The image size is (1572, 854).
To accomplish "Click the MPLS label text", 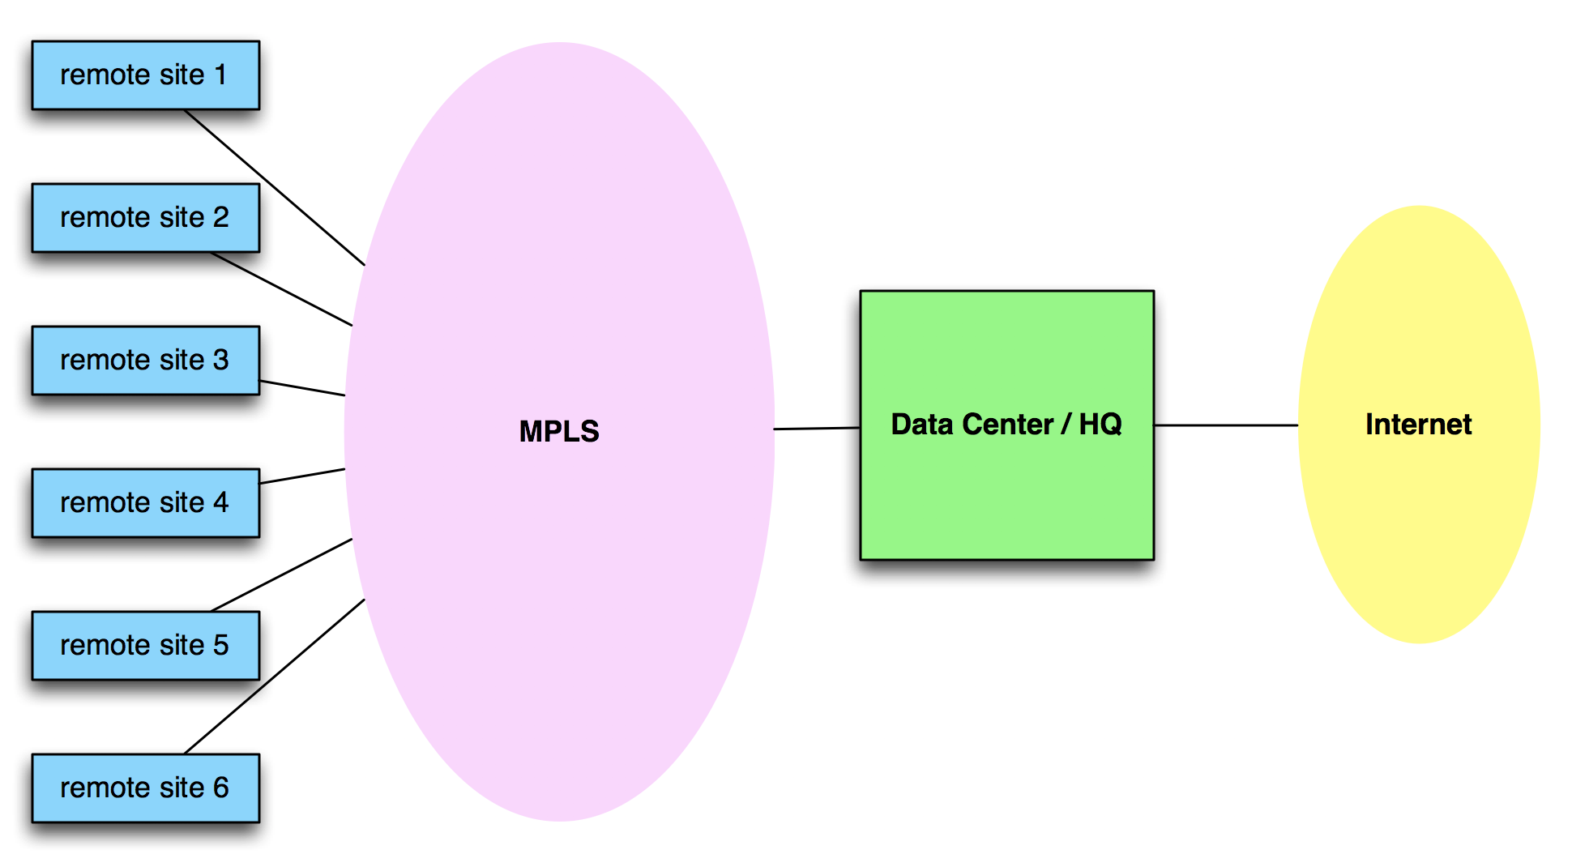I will [559, 431].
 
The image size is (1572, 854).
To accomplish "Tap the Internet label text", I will [1418, 425].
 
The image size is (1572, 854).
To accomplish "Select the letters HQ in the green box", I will [1100, 425].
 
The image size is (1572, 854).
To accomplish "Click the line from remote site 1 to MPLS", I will [276, 188].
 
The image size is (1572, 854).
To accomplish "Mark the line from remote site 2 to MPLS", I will [282, 289].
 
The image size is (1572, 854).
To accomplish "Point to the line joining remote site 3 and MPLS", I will [302, 388].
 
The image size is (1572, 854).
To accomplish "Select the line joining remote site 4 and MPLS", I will [302, 476].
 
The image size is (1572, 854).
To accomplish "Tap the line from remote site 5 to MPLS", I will [282, 574].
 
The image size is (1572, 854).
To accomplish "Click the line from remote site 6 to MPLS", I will [276, 676].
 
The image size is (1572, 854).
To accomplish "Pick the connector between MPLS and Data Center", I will [817, 428].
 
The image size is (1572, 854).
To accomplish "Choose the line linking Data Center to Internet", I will [1226, 425].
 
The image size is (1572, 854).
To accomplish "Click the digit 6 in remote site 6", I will [220, 788].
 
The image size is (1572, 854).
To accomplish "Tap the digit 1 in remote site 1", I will [220, 75].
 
